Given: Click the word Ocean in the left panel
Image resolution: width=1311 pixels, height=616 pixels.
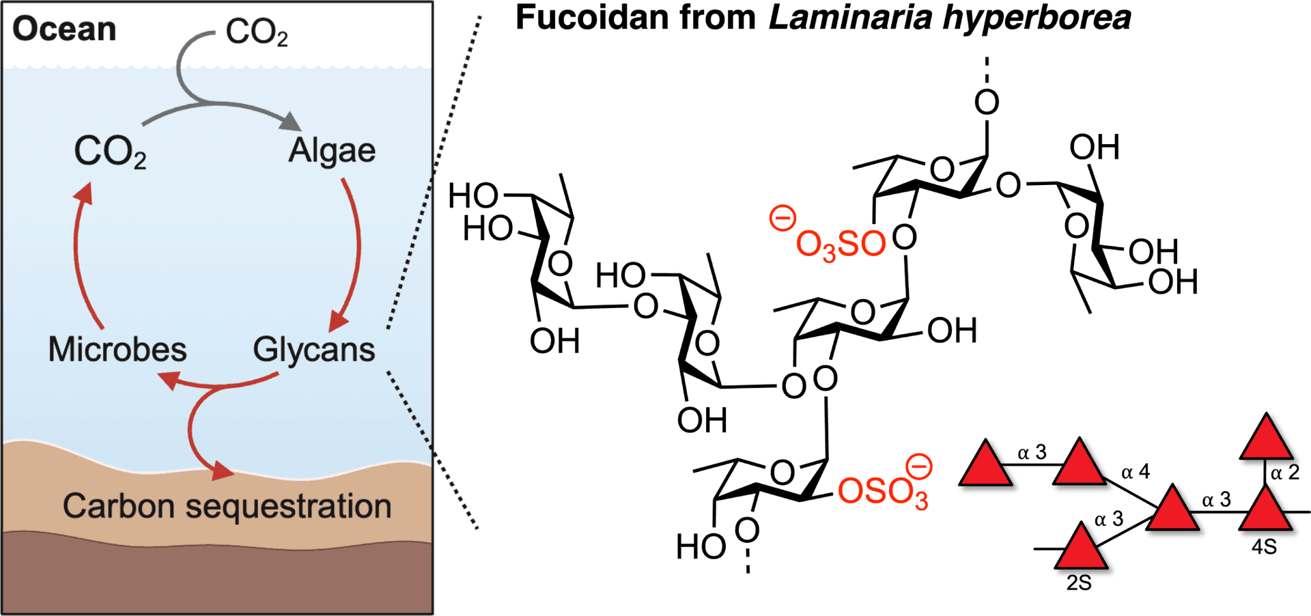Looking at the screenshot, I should tap(64, 29).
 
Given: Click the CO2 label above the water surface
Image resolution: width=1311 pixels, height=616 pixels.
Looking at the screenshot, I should tap(256, 32).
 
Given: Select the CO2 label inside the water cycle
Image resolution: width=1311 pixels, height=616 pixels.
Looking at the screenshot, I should tap(110, 152).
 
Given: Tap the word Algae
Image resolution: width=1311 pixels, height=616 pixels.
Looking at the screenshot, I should tap(332, 151).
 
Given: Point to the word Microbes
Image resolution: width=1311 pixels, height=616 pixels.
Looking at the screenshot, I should tap(117, 350).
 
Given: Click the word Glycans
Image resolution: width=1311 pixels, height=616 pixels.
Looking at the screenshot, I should tap(313, 350).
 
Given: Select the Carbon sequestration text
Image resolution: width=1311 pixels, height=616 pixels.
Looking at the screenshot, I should tap(227, 507).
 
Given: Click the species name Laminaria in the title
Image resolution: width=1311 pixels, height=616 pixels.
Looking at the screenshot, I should tap(849, 18).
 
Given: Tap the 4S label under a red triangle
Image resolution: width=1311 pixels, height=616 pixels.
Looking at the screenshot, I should tap(1264, 547).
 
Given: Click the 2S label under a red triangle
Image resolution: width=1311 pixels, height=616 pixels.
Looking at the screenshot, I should tap(1079, 584).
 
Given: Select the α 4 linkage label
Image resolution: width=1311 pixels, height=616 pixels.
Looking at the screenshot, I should tap(1136, 472).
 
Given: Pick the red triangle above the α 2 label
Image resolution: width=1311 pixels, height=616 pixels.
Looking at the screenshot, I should tap(1267, 439).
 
